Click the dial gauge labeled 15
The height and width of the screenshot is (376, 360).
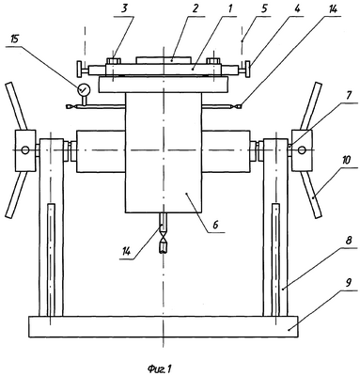pyautogui.click(x=84, y=89)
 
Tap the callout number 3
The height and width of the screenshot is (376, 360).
pyautogui.click(x=124, y=8)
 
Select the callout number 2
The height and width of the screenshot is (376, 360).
pyautogui.click(x=196, y=8)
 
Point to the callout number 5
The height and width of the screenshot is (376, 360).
pyautogui.click(x=264, y=8)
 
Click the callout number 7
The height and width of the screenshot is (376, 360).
pyautogui.click(x=350, y=96)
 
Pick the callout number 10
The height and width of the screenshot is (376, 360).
pyautogui.click(x=347, y=161)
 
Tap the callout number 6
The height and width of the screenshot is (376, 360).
pyautogui.click(x=216, y=225)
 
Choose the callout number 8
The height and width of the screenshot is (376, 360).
pyautogui.click(x=349, y=241)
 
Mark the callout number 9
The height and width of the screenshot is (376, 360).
pyautogui.click(x=349, y=283)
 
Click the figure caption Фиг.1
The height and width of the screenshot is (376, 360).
pyautogui.click(x=160, y=368)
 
